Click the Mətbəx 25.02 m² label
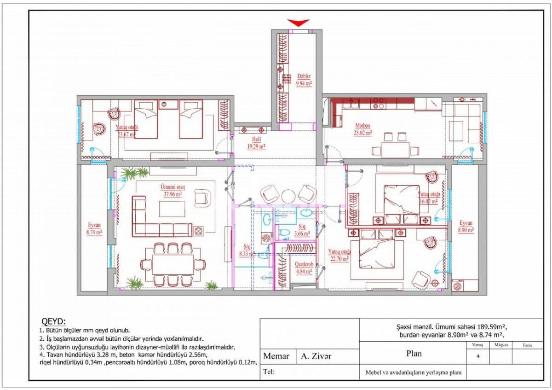click(363, 129)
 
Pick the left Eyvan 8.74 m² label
click(95, 229)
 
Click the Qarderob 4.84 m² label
click(305, 268)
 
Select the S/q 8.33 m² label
click(247, 250)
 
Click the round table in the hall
click(288, 196)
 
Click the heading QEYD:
click(54, 321)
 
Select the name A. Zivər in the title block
click(316, 356)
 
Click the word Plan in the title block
click(414, 354)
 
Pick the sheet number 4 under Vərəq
click(478, 355)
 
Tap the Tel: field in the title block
click(269, 372)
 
